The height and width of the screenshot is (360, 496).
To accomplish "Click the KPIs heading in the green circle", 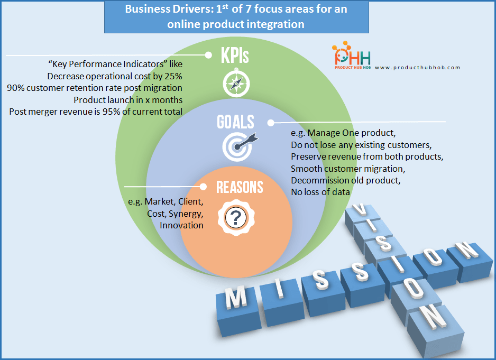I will tap(235, 56).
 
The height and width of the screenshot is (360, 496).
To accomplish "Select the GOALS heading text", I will tap(235, 122).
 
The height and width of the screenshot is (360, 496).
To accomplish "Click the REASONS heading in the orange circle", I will tap(239, 187).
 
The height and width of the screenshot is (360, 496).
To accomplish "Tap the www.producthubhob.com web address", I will tap(417, 68).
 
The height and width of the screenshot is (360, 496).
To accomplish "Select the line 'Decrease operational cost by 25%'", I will tap(115, 76).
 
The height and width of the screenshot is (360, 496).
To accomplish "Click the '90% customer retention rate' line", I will tap(95, 88).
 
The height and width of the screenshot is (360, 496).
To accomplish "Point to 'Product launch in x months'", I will tap(128, 99).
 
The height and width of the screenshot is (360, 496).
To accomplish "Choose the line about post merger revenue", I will tap(96, 111).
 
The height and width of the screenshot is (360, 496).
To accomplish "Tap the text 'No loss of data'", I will tap(320, 192).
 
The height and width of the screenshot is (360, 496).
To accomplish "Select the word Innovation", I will tap(181, 225).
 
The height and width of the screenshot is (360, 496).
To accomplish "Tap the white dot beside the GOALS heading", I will tap(271, 123).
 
